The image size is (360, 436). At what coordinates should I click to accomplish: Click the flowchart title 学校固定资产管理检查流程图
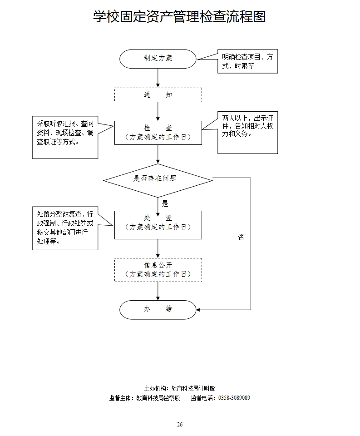(179, 17)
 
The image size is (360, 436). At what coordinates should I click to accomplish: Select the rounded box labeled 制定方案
(158, 59)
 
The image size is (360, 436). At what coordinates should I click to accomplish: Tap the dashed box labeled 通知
(158, 95)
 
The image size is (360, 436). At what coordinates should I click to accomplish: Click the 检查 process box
(158, 133)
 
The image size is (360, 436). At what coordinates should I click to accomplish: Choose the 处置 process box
(158, 224)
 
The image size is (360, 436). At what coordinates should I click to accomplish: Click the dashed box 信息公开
(158, 270)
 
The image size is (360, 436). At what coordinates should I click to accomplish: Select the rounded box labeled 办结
(158, 309)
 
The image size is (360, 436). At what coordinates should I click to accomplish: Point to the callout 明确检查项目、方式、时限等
(247, 61)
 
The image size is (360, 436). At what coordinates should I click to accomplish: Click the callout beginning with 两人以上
(247, 132)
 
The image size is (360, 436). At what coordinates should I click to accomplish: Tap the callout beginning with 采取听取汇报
(65, 137)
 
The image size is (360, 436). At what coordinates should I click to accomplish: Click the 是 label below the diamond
(165, 204)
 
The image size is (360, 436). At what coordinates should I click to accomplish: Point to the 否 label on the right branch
(241, 237)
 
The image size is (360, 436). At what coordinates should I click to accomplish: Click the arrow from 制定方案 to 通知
(158, 78)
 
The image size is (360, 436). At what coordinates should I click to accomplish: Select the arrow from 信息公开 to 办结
(158, 291)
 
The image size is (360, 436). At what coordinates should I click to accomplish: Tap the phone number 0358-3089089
(234, 398)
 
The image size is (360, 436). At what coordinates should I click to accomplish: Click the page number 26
(180, 425)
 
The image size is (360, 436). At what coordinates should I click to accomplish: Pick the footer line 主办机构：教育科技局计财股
(179, 388)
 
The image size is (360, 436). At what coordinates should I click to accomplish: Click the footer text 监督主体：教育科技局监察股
(145, 398)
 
